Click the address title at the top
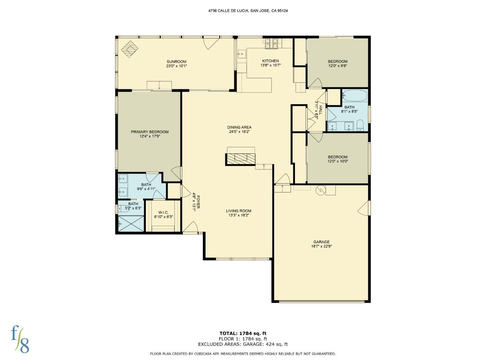(x=248, y=11)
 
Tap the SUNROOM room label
(x=177, y=62)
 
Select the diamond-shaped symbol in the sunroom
(x=130, y=49)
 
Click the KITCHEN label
(x=270, y=61)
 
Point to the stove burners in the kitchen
(x=271, y=43)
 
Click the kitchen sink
(x=242, y=53)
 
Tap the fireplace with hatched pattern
(x=241, y=158)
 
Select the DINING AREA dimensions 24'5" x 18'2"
(x=239, y=132)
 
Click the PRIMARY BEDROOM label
(x=150, y=132)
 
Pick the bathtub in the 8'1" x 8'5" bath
(x=354, y=95)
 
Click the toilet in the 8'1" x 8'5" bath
(x=360, y=125)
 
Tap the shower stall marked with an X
(x=131, y=223)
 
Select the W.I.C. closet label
(x=163, y=212)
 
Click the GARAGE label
(x=321, y=242)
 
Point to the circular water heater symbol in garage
(x=320, y=190)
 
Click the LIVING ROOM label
(x=239, y=211)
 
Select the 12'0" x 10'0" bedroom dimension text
(x=337, y=161)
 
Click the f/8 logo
(x=20, y=339)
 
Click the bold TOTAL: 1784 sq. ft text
(x=243, y=334)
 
